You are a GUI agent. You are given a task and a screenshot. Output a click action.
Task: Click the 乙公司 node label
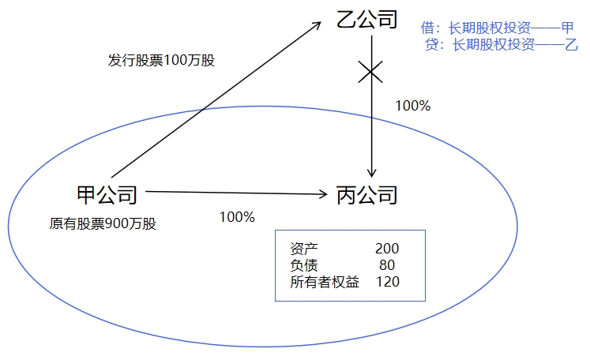[366, 18]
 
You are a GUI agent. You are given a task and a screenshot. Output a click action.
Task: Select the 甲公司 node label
[107, 194]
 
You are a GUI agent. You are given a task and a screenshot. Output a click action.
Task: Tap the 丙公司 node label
[366, 194]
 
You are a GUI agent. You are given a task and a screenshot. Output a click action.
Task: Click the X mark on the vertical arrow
[371, 73]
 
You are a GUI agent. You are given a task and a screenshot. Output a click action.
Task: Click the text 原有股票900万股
[103, 223]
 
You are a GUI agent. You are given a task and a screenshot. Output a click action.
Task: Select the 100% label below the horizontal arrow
[237, 216]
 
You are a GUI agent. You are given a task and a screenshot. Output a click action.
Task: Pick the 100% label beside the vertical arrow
[412, 105]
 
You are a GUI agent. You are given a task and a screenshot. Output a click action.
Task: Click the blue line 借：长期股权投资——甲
[498, 28]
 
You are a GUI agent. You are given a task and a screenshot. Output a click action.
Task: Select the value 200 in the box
[387, 249]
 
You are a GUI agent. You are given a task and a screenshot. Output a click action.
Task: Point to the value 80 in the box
[387, 265]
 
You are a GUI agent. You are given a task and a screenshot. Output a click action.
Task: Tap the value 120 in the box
[387, 282]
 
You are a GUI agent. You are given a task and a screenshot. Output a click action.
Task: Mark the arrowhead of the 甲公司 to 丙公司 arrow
[323, 193]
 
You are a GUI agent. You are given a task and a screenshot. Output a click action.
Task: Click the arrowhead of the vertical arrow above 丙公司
[371, 172]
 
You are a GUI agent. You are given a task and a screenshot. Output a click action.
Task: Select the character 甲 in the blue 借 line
[567, 28]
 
